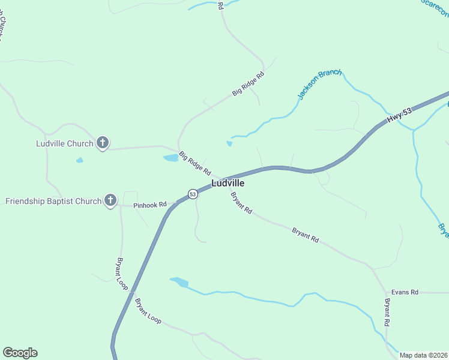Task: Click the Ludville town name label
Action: [228, 184]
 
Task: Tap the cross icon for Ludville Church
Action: [103, 143]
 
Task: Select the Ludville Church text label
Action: [64, 143]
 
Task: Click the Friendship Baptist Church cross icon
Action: [110, 200]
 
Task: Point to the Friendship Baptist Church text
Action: [53, 201]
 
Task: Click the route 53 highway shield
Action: [192, 194]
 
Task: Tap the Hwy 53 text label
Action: [399, 115]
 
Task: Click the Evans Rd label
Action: [404, 292]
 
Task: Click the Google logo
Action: [20, 353]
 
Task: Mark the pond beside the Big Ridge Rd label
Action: [171, 158]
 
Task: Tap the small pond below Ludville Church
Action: [79, 160]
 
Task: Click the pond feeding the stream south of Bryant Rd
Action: [180, 281]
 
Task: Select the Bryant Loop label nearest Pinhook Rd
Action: [122, 274]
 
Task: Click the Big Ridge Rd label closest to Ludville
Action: [194, 163]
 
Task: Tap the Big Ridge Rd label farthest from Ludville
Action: [248, 85]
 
